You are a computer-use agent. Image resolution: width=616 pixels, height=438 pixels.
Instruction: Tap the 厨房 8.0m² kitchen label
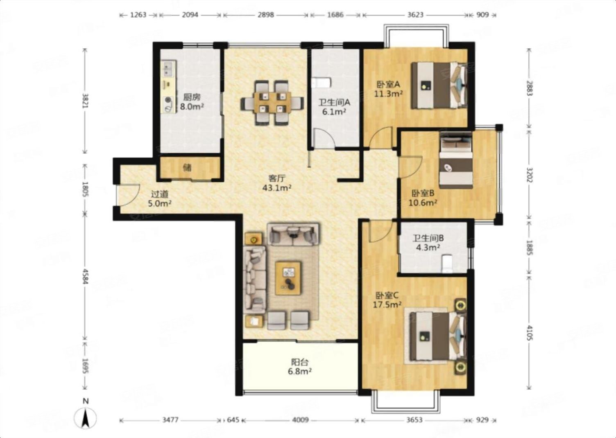click(x=192, y=102)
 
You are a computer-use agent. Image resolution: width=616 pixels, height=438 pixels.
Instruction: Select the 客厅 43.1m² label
click(x=277, y=183)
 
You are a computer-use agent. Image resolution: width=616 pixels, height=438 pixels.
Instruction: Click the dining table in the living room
click(x=272, y=102)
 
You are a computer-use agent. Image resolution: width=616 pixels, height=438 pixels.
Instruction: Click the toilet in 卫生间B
click(x=447, y=264)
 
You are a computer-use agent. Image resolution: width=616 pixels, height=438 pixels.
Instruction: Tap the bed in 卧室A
click(x=439, y=85)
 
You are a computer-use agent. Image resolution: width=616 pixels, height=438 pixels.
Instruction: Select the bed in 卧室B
click(x=456, y=160)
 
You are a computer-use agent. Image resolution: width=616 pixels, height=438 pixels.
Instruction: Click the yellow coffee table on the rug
click(x=288, y=278)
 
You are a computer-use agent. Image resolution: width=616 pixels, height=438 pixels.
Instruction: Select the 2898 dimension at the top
click(x=266, y=15)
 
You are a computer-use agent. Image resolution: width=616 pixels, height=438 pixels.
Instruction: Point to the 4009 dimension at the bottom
click(x=300, y=420)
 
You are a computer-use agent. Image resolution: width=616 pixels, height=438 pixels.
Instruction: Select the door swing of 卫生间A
click(x=324, y=140)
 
